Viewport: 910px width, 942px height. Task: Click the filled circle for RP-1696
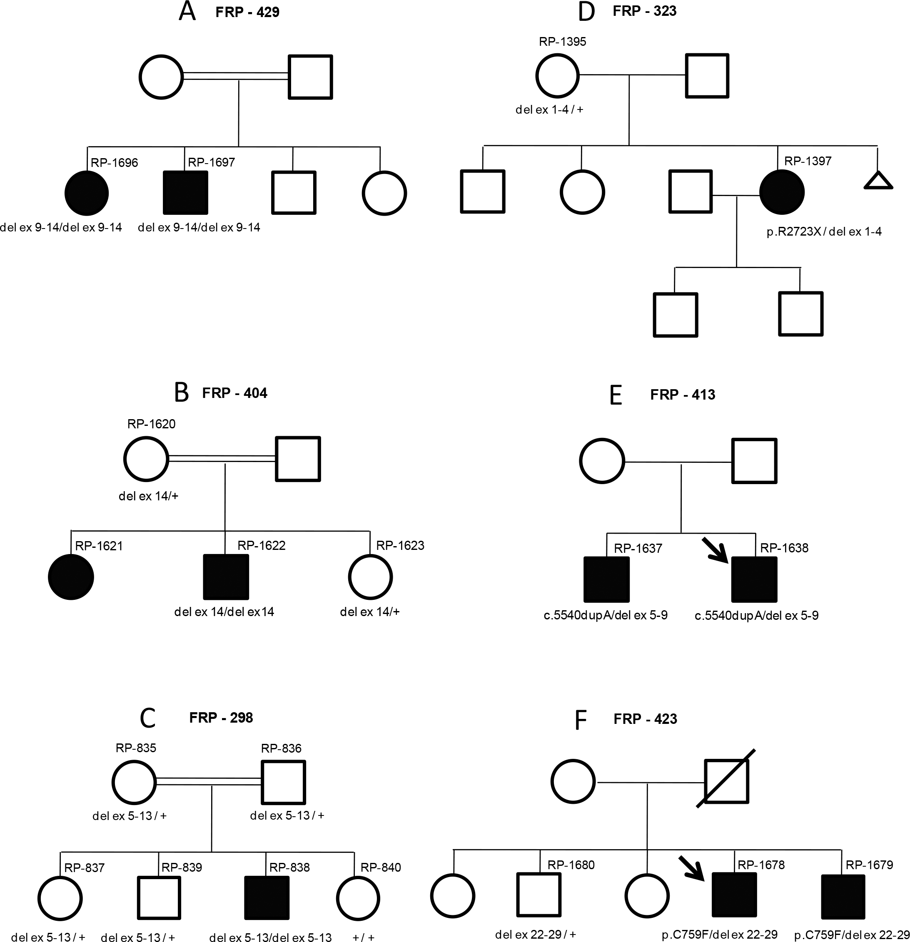[87, 193]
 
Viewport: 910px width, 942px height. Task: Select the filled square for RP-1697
[186, 193]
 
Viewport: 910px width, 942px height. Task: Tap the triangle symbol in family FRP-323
[878, 181]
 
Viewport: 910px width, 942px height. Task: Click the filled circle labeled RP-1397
[782, 192]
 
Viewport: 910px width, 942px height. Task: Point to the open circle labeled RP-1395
[557, 75]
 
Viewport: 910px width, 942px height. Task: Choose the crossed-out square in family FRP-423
[726, 781]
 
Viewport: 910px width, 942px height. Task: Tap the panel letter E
[616, 395]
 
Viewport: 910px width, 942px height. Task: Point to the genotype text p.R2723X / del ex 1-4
[824, 232]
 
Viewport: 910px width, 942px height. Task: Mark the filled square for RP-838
[267, 898]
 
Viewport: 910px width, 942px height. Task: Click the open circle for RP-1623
[370, 577]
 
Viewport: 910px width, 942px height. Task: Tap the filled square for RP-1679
[843, 897]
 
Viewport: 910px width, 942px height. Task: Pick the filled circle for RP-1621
[71, 577]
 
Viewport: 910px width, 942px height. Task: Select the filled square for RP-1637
[606, 579]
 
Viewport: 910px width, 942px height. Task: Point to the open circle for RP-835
[134, 782]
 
